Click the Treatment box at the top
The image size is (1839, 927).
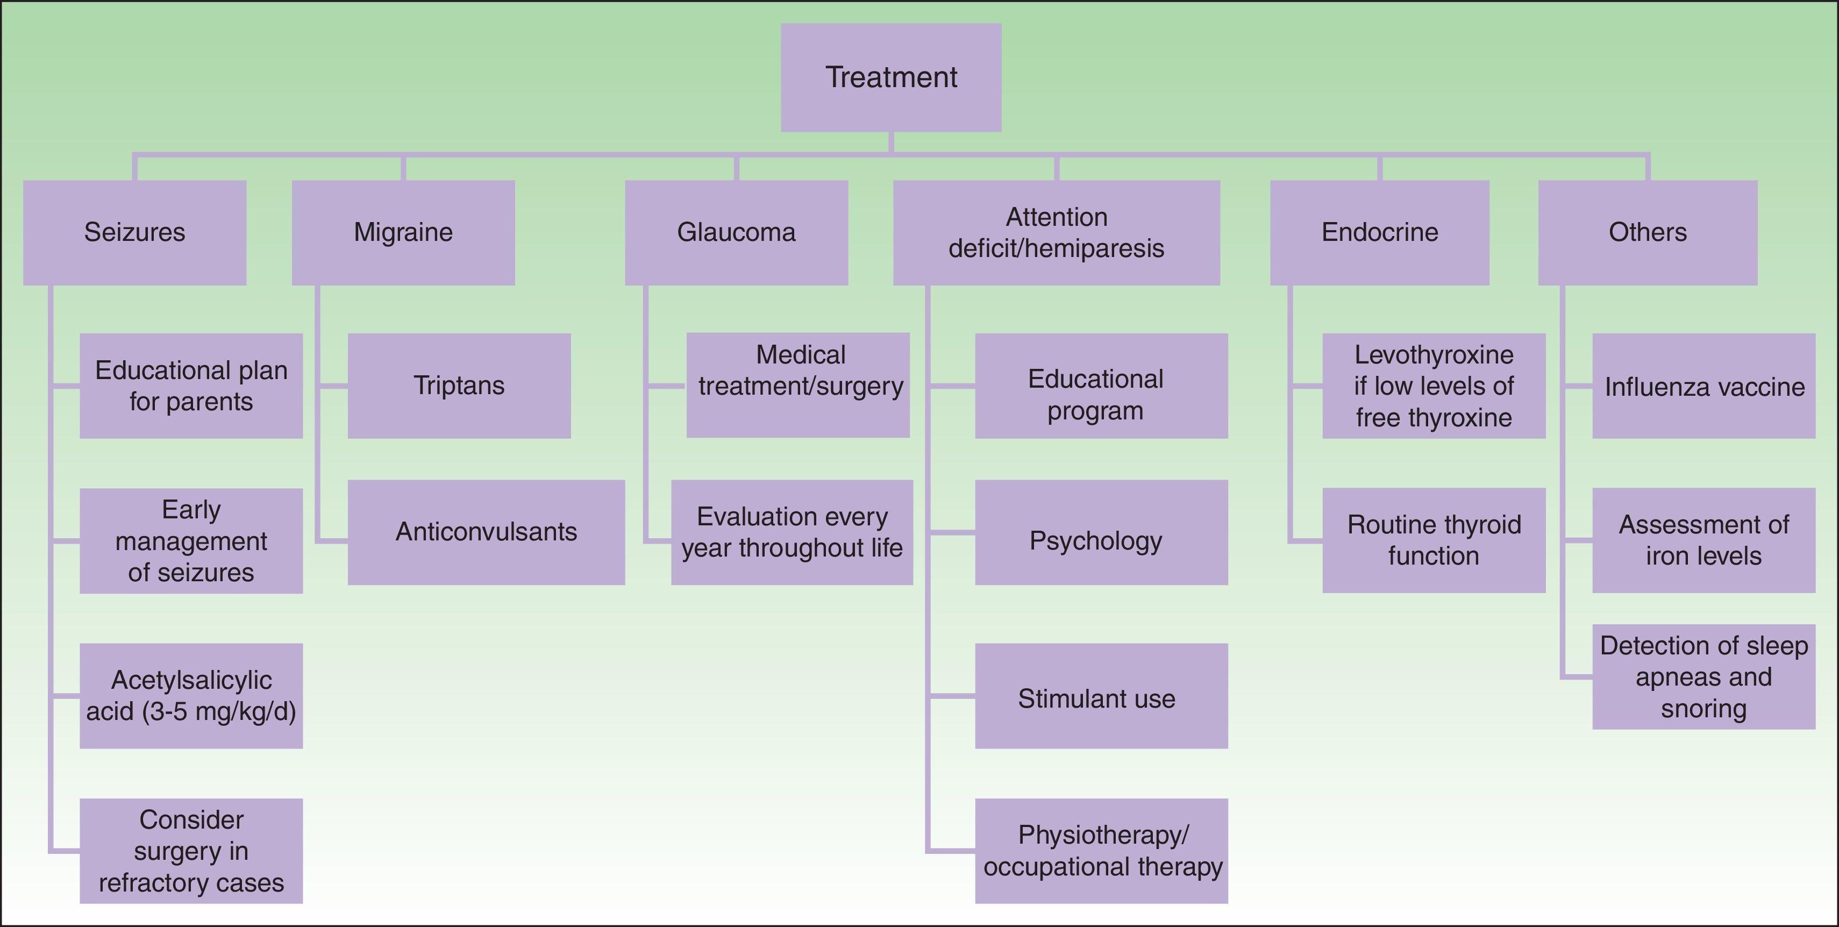pyautogui.click(x=891, y=77)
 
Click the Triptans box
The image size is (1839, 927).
pyautogui.click(x=459, y=386)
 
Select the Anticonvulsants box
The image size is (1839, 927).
pyautogui.click(x=486, y=532)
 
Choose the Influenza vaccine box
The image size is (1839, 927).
pyautogui.click(x=1703, y=386)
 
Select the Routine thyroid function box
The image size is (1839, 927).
pyautogui.click(x=1434, y=540)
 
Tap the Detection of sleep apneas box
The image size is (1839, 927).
pyautogui.click(x=1703, y=676)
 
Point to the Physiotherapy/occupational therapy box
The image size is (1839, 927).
pyautogui.click(x=1101, y=851)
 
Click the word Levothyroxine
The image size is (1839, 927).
pyautogui.click(x=1434, y=355)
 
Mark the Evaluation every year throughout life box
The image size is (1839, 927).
pyautogui.click(x=792, y=532)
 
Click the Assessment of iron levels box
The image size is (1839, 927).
pyautogui.click(x=1703, y=540)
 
